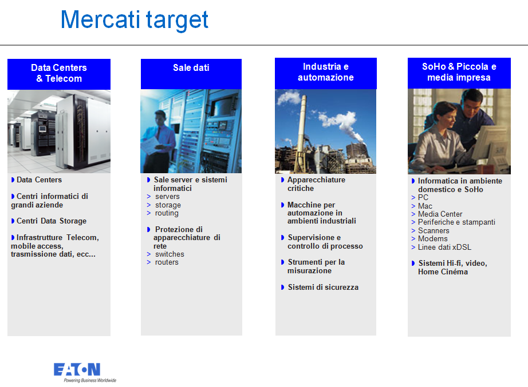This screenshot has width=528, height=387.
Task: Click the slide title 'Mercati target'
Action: [x=135, y=20]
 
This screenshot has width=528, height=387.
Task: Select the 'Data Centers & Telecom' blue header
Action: [x=59, y=74]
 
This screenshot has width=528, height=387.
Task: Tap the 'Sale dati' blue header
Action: [x=191, y=74]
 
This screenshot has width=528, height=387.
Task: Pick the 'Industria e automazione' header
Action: [x=326, y=73]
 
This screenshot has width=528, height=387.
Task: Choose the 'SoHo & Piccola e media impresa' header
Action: [x=459, y=73]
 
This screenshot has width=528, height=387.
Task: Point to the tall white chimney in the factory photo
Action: [x=302, y=122]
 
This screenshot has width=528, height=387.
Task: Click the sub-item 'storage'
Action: [x=168, y=205]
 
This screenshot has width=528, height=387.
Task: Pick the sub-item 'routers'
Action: [x=167, y=262]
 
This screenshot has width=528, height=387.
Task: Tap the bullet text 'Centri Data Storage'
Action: [x=52, y=221]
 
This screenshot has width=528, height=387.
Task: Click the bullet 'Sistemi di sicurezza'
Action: [x=323, y=287]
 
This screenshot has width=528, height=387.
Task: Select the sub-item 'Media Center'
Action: [x=440, y=214]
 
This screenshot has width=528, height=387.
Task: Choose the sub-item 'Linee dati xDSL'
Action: [x=444, y=247]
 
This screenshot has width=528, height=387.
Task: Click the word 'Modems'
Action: [x=433, y=239]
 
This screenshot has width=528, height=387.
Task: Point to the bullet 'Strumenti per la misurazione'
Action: [x=316, y=266]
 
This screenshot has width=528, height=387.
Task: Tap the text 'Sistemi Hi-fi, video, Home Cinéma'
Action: [x=452, y=268]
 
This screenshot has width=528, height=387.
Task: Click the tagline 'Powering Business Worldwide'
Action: [x=90, y=380]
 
